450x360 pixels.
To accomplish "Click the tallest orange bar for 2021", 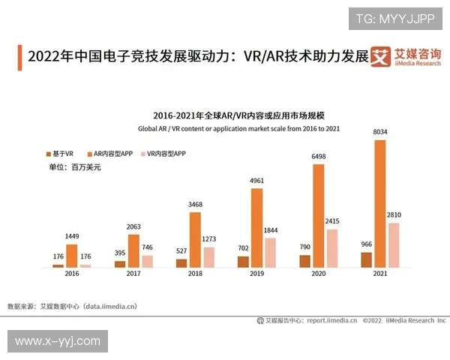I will pos(380,203).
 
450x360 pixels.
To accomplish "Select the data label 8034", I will pos(380,133).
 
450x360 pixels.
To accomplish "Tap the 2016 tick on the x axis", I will pos(72,275).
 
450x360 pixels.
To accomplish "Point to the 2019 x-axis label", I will pos(256,275).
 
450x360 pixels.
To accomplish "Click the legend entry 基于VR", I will pos(59,153).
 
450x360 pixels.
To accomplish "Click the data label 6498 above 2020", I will pos(318,157).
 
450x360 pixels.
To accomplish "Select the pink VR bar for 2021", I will pos(394,244).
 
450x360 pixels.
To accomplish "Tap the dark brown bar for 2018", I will pos(181,263).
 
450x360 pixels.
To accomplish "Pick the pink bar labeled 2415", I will pos(332,248).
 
